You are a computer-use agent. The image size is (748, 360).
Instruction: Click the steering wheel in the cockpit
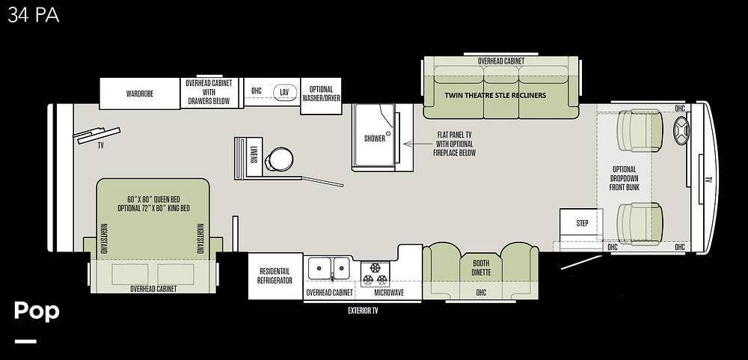681,128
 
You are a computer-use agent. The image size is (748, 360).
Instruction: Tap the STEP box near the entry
581,224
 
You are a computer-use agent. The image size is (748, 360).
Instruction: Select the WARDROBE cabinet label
140,94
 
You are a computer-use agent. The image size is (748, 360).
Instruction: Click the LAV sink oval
285,91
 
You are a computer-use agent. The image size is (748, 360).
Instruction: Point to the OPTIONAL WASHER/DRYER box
321,96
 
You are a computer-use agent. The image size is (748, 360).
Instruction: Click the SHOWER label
375,138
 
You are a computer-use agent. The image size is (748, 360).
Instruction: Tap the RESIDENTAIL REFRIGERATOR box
275,276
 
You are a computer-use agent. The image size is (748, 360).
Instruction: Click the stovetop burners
375,273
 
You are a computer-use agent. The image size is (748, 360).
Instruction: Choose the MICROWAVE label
389,293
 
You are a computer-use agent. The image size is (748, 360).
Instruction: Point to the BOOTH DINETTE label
481,268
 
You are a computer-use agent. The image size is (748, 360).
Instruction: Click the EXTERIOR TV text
363,311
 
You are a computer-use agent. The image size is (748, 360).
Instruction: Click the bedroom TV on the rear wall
96,135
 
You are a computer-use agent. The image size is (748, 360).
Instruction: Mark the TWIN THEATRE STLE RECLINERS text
495,95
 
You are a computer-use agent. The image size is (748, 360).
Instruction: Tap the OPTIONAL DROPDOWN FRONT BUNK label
624,178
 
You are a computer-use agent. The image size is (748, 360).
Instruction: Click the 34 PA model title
34,16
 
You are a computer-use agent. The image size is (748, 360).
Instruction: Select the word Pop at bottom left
37,311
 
